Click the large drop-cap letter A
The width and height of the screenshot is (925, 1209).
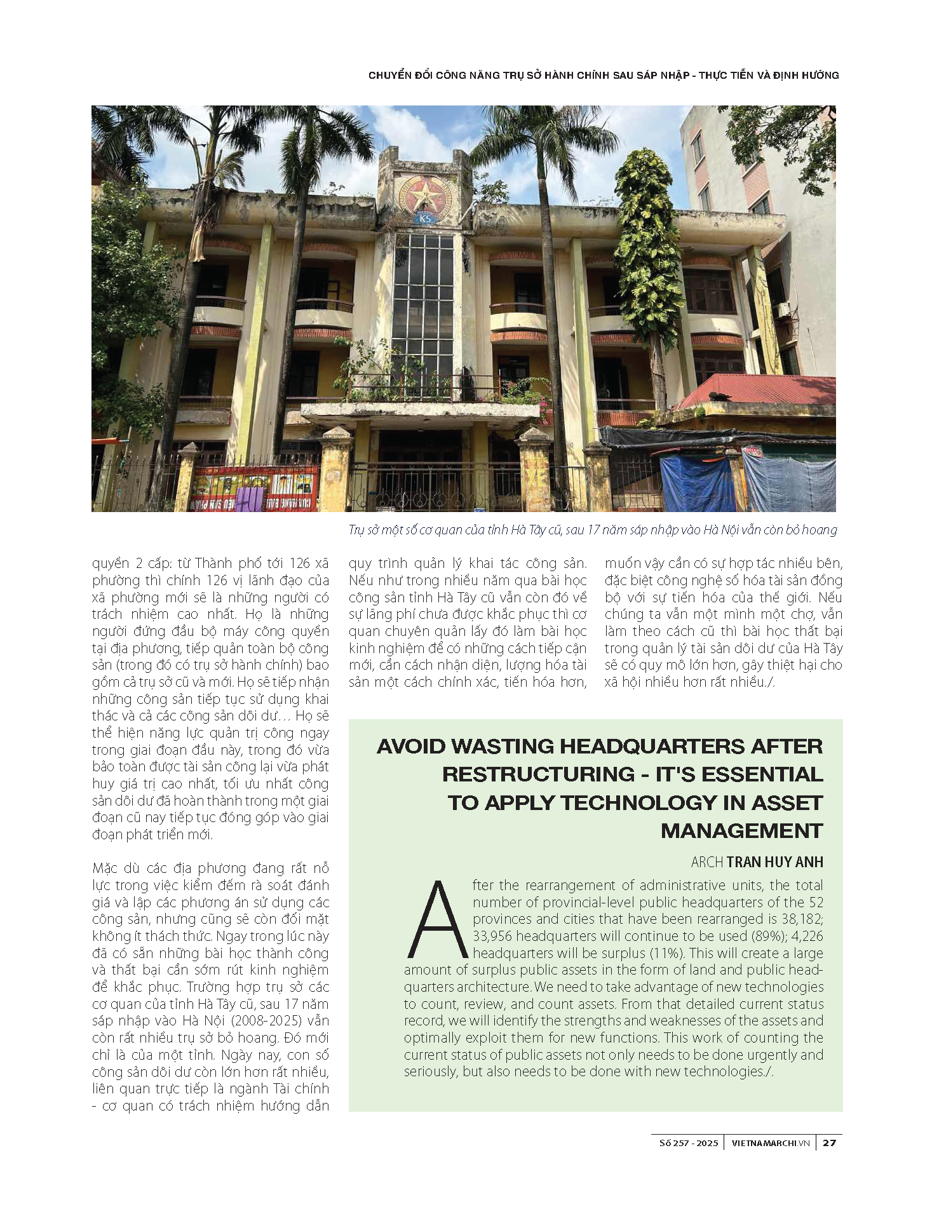pyautogui.click(x=437, y=920)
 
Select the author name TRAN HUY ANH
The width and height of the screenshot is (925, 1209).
pyautogui.click(x=774, y=862)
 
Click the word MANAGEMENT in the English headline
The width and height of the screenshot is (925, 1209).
pyautogui.click(x=741, y=831)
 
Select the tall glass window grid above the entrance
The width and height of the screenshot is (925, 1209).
pyautogui.click(x=423, y=305)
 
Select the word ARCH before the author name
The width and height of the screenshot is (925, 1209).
pyautogui.click(x=706, y=862)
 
